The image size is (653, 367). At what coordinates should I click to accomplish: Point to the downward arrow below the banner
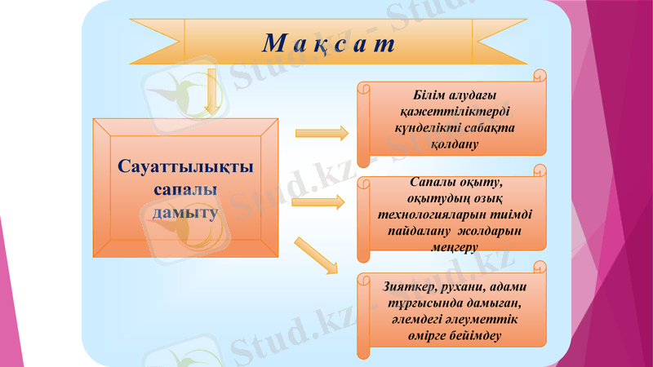(211, 91)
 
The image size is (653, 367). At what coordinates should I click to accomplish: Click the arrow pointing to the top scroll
(321, 133)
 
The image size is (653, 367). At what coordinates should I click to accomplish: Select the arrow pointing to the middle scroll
(319, 201)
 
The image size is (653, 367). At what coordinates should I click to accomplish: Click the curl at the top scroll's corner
(540, 75)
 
